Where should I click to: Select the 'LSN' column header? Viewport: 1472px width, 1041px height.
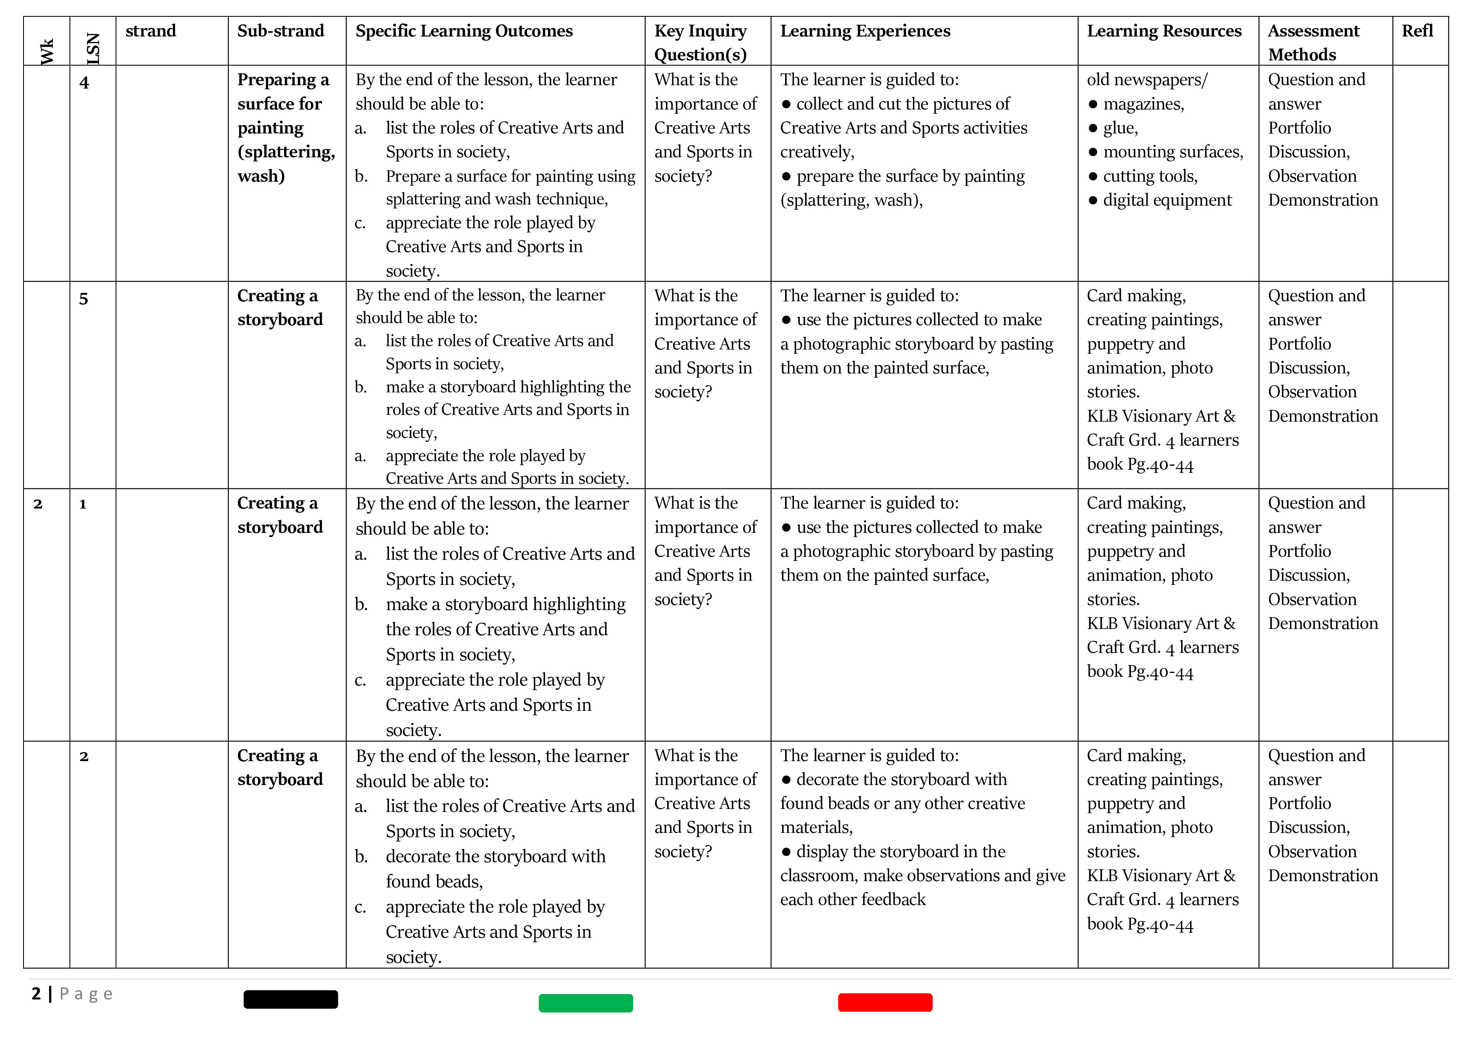[93, 48]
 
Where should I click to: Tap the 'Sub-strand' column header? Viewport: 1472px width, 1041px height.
[280, 31]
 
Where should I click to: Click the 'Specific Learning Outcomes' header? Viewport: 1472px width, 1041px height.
[464, 31]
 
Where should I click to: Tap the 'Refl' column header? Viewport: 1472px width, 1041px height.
[1417, 31]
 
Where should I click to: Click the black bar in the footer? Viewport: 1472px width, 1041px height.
[290, 999]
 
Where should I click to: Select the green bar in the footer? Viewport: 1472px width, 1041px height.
[585, 1002]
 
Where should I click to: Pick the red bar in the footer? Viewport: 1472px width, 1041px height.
[885, 1002]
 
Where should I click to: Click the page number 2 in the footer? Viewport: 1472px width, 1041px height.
[36, 994]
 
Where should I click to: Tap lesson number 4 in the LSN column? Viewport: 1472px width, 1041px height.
[84, 83]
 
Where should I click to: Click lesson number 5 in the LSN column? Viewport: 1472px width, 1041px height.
[84, 299]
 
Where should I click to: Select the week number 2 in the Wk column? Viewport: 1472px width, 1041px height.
[38, 504]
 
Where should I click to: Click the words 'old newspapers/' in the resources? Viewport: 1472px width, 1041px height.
[1146, 79]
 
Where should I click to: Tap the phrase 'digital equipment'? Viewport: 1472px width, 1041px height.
[1167, 200]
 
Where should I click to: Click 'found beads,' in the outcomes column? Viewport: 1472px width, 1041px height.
[434, 882]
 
